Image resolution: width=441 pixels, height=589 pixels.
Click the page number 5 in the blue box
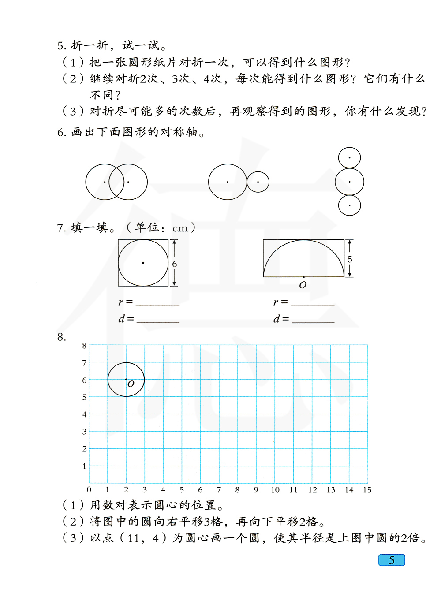pyautogui.click(x=392, y=560)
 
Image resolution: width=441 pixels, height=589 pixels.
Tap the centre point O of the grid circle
pyautogui.click(x=126, y=379)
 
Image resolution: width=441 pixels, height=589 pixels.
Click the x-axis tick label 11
pyautogui.click(x=293, y=490)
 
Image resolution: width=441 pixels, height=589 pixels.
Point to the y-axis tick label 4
pyautogui.click(x=84, y=414)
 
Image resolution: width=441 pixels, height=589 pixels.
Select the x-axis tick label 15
pyautogui.click(x=367, y=490)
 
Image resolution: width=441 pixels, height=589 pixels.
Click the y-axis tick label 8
pyautogui.click(x=84, y=346)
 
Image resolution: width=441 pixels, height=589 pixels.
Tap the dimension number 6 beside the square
pyautogui.click(x=175, y=264)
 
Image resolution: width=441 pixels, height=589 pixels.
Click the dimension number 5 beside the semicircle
pyautogui.click(x=350, y=259)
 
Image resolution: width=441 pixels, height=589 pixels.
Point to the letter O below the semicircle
pyautogui.click(x=303, y=285)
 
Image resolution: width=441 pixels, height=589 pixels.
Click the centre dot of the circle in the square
pyautogui.click(x=143, y=263)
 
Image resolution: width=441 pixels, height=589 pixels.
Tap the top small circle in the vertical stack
pyautogui.click(x=349, y=158)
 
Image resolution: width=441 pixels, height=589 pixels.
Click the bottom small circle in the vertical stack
pyautogui.click(x=349, y=205)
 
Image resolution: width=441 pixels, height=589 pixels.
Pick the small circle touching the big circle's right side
pyautogui.click(x=258, y=182)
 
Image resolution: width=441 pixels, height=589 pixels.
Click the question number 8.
pyautogui.click(x=61, y=337)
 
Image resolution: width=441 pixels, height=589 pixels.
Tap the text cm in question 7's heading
pyautogui.click(x=180, y=228)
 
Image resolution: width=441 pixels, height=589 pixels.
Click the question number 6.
pyautogui.click(x=61, y=132)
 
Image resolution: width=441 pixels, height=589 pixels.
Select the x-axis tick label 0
pyautogui.click(x=89, y=490)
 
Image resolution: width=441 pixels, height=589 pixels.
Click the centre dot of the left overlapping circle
pyautogui.click(x=105, y=182)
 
